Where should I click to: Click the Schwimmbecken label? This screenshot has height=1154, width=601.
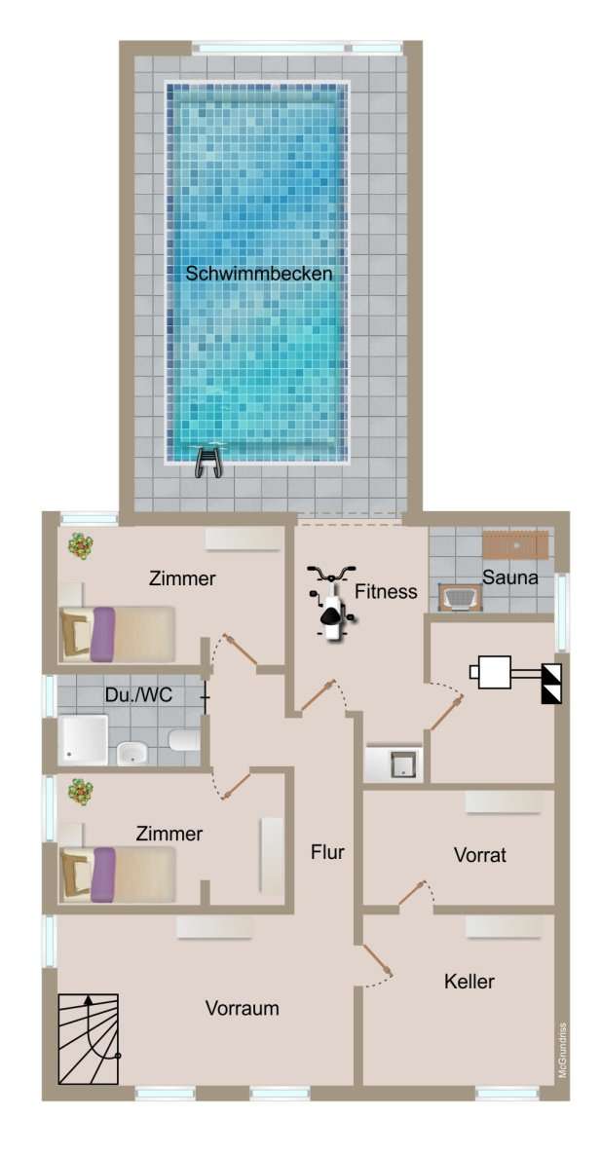tap(259, 274)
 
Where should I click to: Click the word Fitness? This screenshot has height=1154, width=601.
tap(386, 591)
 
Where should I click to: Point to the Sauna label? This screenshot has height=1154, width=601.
tap(511, 578)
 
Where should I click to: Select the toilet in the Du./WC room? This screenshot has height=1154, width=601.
tap(184, 741)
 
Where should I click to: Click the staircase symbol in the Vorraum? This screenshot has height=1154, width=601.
tap(89, 1038)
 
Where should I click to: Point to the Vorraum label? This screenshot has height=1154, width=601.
tap(242, 1009)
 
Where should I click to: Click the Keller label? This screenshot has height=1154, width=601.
tap(469, 981)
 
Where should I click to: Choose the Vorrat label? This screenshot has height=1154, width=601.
tap(480, 855)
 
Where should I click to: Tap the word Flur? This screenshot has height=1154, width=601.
tap(327, 852)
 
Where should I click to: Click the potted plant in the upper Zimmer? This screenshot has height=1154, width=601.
tap(80, 546)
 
